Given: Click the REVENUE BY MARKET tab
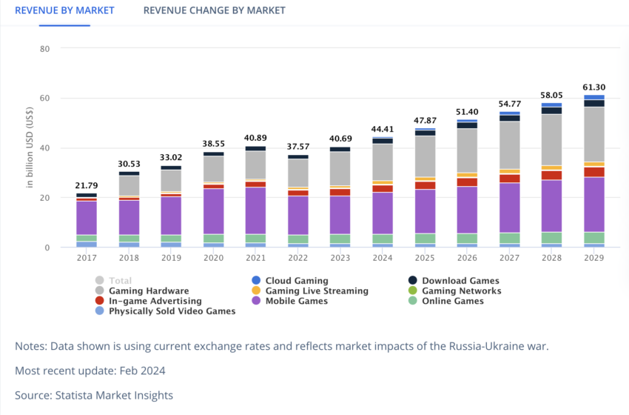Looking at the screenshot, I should (64, 10).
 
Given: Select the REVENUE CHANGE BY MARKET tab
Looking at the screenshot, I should (214, 10).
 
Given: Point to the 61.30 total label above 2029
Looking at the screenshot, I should (594, 87).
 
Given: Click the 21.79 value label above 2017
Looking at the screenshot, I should (87, 185).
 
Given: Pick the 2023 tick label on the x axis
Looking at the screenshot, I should (340, 258).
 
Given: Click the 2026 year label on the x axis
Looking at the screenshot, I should (467, 258).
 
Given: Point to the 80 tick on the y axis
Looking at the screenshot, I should (44, 49).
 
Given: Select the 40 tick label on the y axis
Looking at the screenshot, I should (44, 148).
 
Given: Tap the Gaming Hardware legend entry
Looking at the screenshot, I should (148, 291).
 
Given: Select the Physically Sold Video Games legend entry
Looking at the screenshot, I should (172, 311).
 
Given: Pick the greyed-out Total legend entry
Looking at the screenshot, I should (120, 281).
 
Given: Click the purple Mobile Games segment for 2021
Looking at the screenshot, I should (256, 210).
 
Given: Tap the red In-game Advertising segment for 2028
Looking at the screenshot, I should (551, 175).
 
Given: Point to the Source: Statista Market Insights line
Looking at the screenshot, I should (94, 395).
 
